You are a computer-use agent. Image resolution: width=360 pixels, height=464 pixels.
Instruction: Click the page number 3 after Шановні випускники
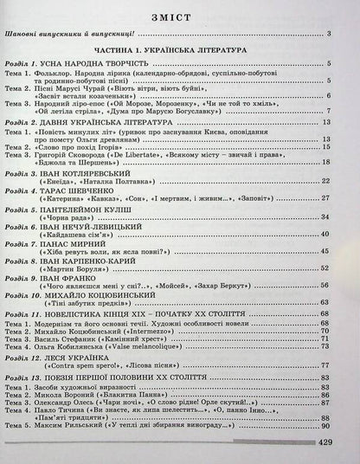342,35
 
